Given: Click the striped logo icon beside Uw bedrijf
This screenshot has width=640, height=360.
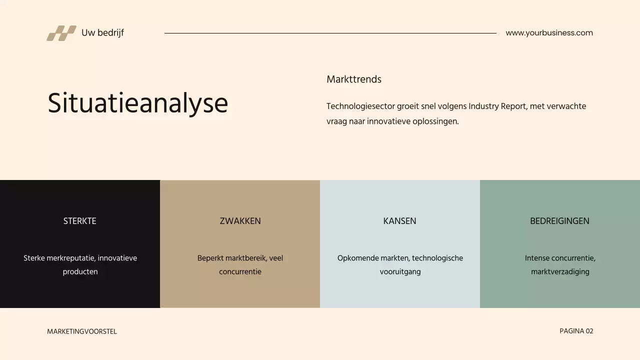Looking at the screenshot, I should (x=61, y=33).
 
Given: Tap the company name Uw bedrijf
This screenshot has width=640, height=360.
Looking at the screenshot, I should (x=102, y=33).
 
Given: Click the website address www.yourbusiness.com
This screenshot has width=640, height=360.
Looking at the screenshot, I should (x=549, y=33).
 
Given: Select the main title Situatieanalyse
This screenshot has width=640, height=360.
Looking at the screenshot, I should (x=137, y=103).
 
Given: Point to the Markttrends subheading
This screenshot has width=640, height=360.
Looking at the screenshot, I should (x=354, y=79).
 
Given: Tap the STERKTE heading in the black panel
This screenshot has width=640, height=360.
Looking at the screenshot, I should (x=80, y=221).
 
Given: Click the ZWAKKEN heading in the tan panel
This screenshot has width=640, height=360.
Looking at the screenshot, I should (x=240, y=221).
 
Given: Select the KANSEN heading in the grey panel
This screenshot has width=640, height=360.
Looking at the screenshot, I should (x=399, y=221).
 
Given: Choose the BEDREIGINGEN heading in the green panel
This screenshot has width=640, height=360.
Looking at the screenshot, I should (x=559, y=221).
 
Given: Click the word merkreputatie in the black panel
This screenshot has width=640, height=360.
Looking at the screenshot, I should (x=70, y=258).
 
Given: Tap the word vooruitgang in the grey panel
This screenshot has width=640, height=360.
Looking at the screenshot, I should (x=400, y=272).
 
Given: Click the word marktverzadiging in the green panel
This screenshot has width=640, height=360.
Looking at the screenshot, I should (x=560, y=272).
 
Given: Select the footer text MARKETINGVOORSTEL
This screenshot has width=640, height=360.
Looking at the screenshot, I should (x=82, y=331).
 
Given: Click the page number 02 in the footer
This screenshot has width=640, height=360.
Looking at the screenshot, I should (x=589, y=331).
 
